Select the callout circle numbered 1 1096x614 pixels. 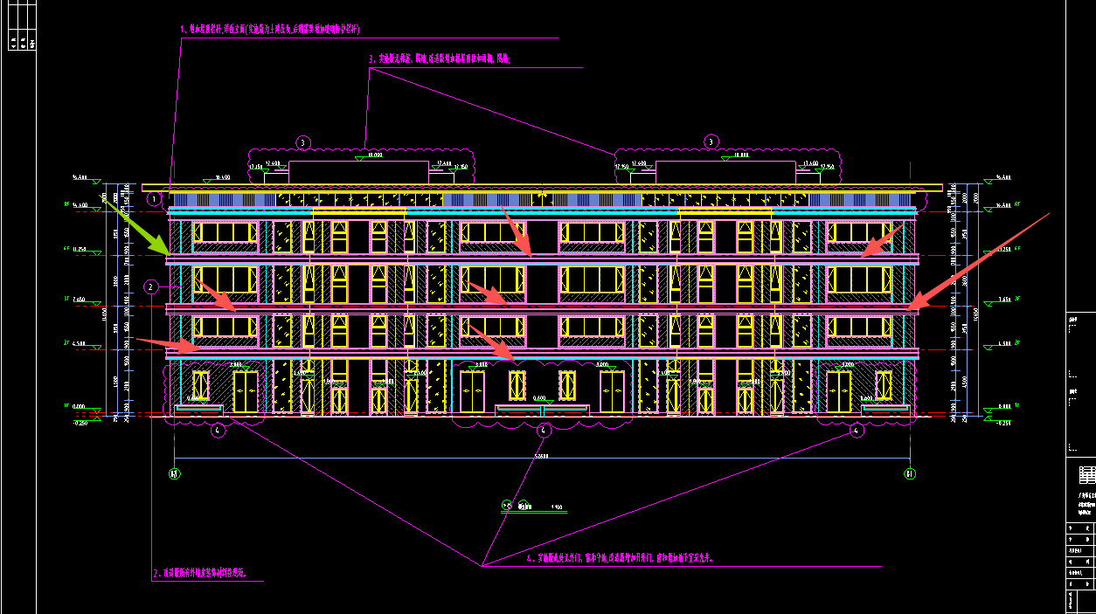click(x=155, y=199)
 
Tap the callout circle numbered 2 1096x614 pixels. click(x=150, y=286)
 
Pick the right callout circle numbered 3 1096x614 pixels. click(x=711, y=141)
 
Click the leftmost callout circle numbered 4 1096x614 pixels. click(x=219, y=430)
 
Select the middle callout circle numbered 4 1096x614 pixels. click(x=544, y=430)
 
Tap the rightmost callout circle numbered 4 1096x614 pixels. click(x=857, y=430)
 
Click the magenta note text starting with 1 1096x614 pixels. click(x=270, y=30)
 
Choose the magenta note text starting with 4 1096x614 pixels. click(x=621, y=557)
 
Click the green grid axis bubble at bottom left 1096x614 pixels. click(x=175, y=474)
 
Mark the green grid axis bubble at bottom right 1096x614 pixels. click(x=909, y=474)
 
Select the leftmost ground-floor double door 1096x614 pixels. click(x=246, y=391)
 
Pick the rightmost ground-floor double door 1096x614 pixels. click(x=839, y=391)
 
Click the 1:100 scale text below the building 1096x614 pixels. click(x=556, y=507)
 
